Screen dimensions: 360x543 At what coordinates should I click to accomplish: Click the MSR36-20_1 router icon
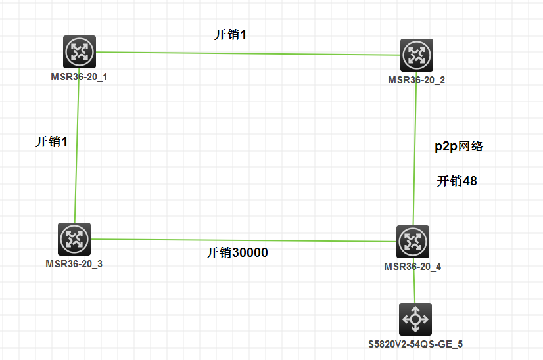click(x=80, y=52)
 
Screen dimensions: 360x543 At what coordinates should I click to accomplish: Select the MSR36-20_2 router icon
click(x=417, y=55)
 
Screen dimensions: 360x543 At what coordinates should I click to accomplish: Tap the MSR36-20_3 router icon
click(x=74, y=239)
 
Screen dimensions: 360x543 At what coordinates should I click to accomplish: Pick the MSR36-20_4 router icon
click(x=413, y=242)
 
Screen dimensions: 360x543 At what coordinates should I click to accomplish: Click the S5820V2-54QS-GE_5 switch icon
click(x=415, y=319)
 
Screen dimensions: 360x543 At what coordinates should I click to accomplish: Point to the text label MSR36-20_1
click(x=79, y=77)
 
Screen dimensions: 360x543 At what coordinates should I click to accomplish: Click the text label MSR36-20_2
click(x=416, y=80)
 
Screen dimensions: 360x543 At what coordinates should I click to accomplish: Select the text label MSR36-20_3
click(x=74, y=264)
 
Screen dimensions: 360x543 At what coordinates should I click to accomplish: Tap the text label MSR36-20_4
click(x=412, y=267)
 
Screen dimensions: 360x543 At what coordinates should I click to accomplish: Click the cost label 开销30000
click(x=237, y=252)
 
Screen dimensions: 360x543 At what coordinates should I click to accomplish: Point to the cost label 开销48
click(x=457, y=181)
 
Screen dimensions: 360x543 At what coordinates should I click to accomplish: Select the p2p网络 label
click(x=459, y=146)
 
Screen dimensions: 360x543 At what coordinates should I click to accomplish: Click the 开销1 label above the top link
click(x=230, y=35)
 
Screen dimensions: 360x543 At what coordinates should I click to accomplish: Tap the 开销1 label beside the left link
click(x=51, y=141)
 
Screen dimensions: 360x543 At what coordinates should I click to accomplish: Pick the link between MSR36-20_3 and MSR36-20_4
click(x=243, y=240)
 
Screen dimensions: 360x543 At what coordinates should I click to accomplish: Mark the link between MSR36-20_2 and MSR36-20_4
click(x=415, y=148)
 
